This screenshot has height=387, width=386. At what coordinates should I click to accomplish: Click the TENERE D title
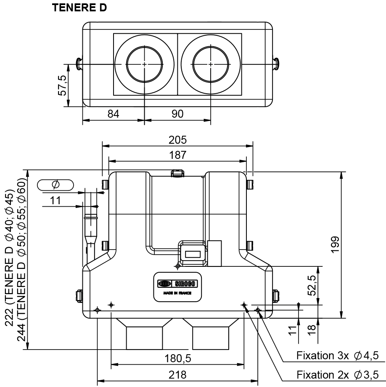(x=79, y=8)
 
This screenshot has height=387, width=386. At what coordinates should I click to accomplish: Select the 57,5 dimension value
(x=62, y=85)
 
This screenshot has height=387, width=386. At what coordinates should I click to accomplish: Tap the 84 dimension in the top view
(x=114, y=114)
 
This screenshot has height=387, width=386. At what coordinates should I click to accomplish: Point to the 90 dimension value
(x=177, y=114)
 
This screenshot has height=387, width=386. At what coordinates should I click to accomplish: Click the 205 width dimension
(x=177, y=140)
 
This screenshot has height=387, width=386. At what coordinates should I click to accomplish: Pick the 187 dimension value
(x=177, y=155)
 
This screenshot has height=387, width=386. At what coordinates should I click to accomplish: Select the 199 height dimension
(x=336, y=245)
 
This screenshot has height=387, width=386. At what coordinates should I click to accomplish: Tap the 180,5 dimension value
(x=178, y=358)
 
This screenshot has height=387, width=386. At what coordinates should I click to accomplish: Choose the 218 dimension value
(x=177, y=375)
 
